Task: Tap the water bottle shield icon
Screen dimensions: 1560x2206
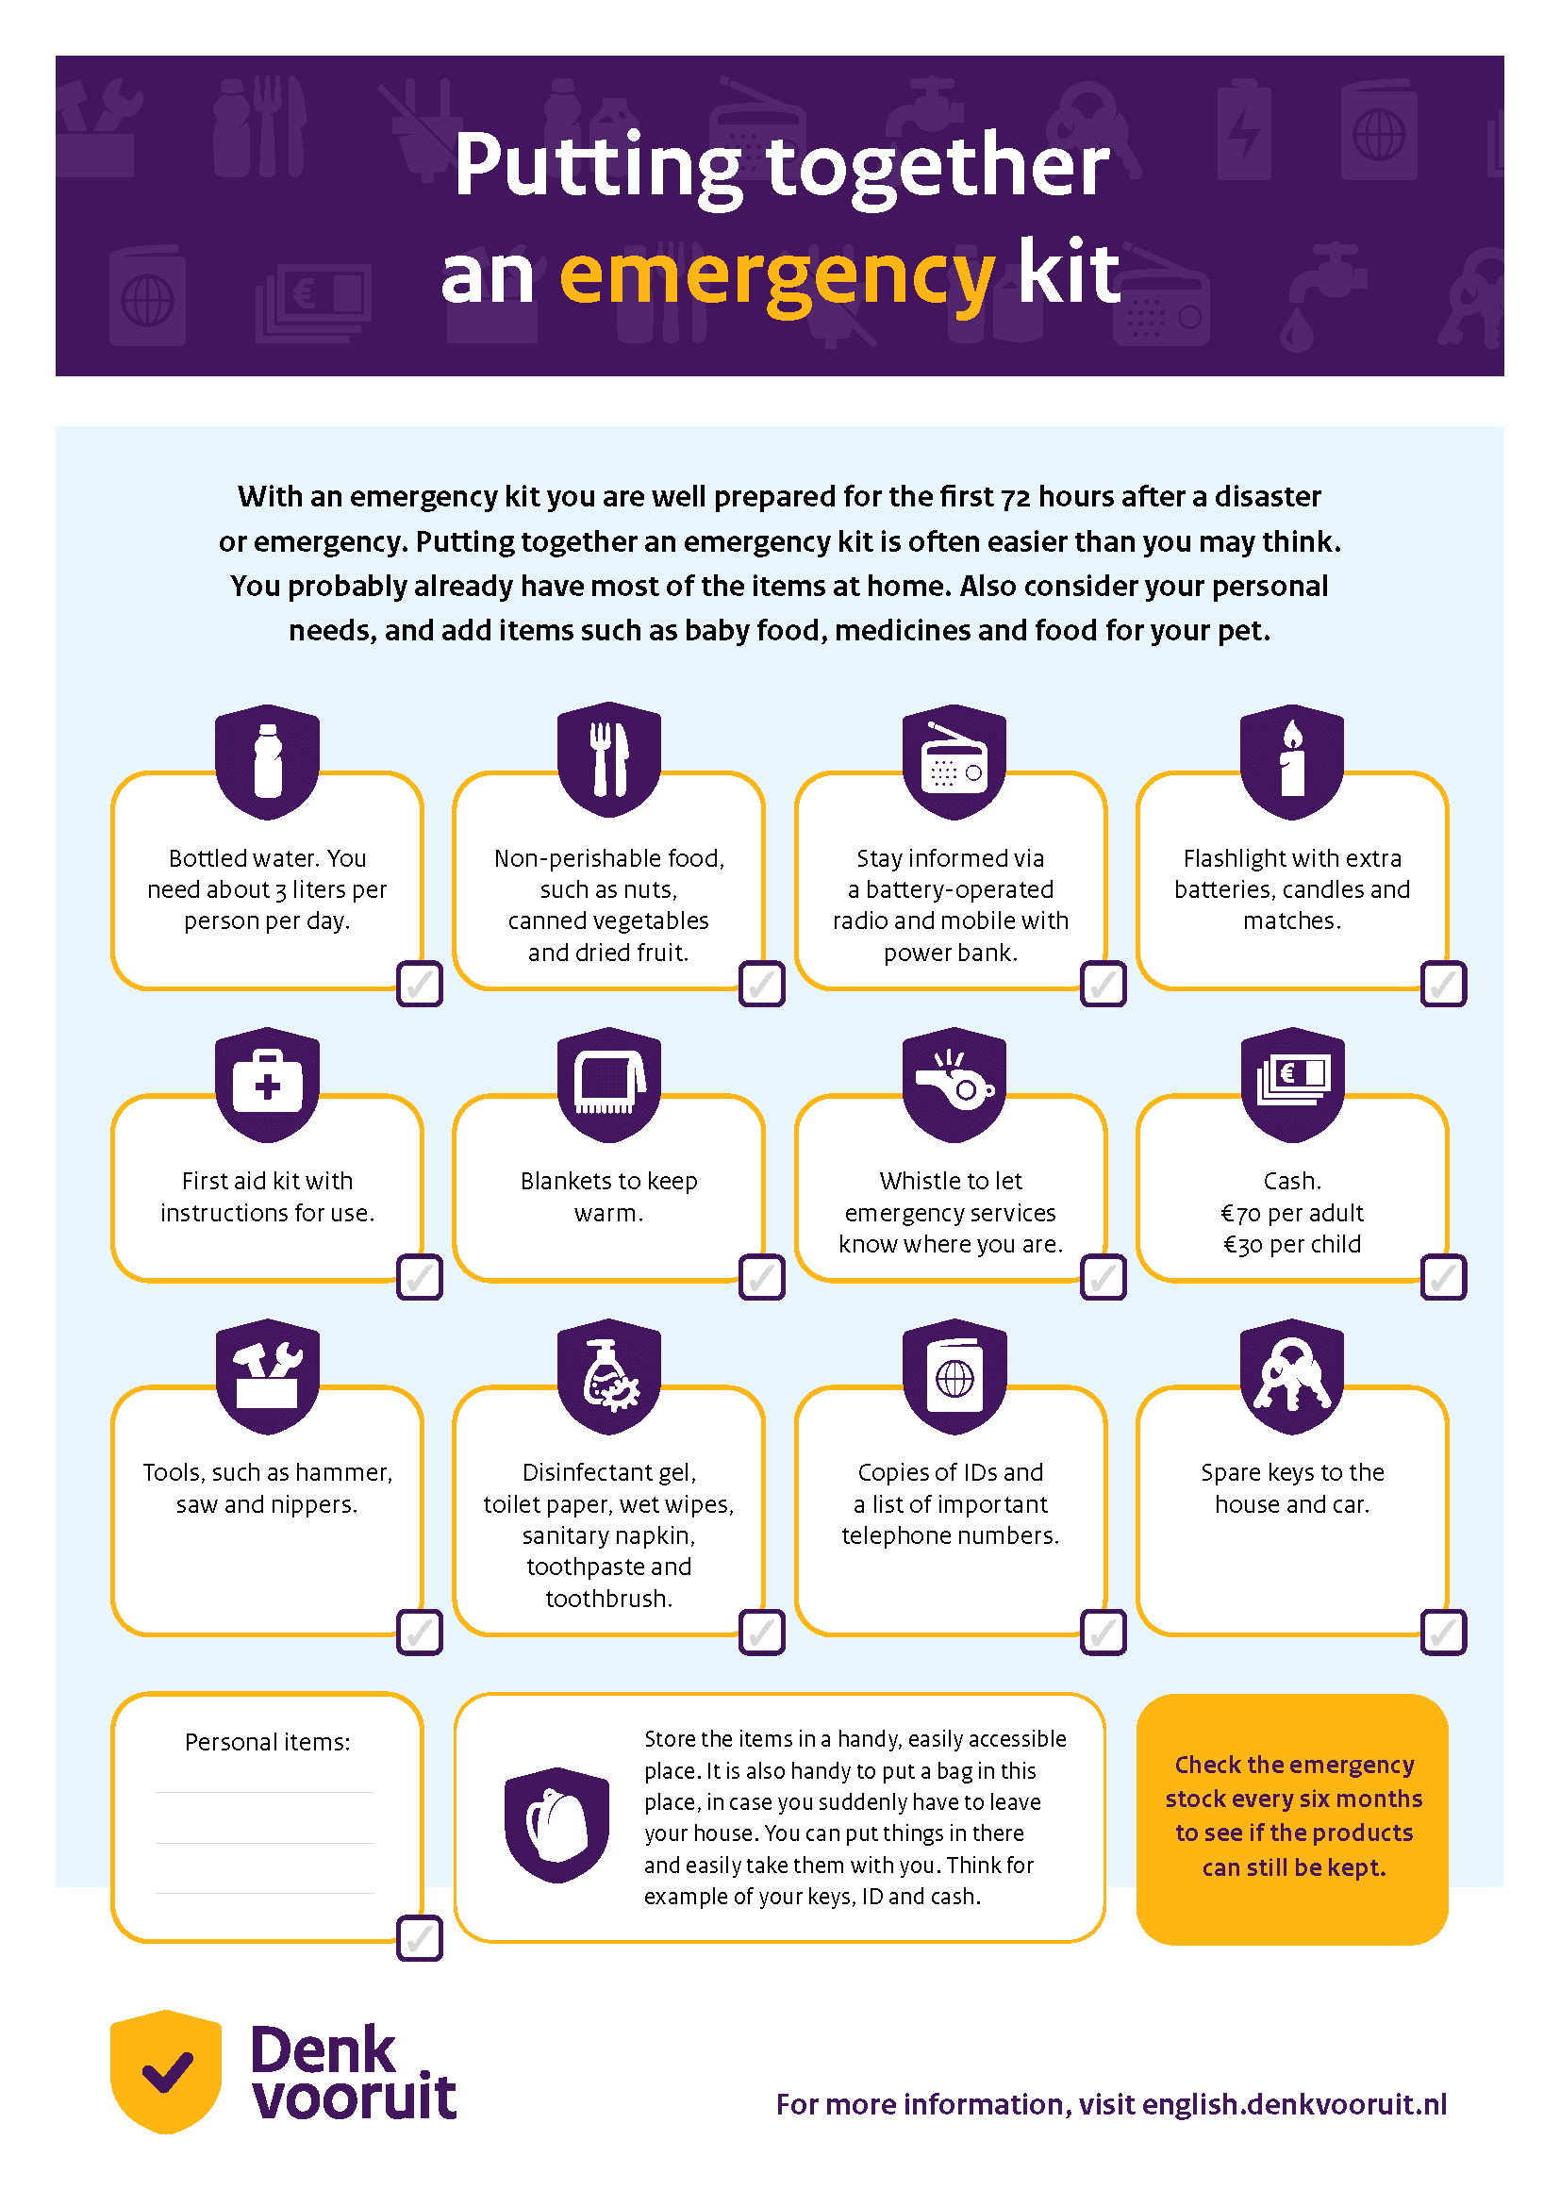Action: [267, 762]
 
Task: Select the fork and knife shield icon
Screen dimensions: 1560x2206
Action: [609, 760]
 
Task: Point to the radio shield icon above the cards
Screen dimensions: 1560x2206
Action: [954, 762]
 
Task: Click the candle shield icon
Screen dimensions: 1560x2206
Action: [1292, 762]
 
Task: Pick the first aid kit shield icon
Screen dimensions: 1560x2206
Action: [267, 1085]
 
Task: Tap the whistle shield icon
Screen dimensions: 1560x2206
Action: [954, 1085]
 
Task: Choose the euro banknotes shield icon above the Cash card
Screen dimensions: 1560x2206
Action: [1292, 1085]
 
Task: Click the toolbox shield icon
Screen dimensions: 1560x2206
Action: [267, 1377]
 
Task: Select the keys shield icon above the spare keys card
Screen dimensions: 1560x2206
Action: [1292, 1377]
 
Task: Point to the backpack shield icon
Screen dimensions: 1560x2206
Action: [557, 1824]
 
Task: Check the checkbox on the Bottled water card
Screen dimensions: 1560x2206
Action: [420, 983]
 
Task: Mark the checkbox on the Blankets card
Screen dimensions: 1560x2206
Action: [762, 1277]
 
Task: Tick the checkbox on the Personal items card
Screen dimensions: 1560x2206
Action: [420, 1938]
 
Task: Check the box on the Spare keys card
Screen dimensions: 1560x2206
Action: [1443, 1632]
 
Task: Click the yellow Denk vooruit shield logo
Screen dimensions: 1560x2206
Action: [166, 2070]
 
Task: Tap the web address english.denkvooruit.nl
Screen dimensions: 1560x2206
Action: [1294, 2104]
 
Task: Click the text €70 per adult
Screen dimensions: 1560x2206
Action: [1292, 1213]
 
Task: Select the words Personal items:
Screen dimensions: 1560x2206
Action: [267, 1742]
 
